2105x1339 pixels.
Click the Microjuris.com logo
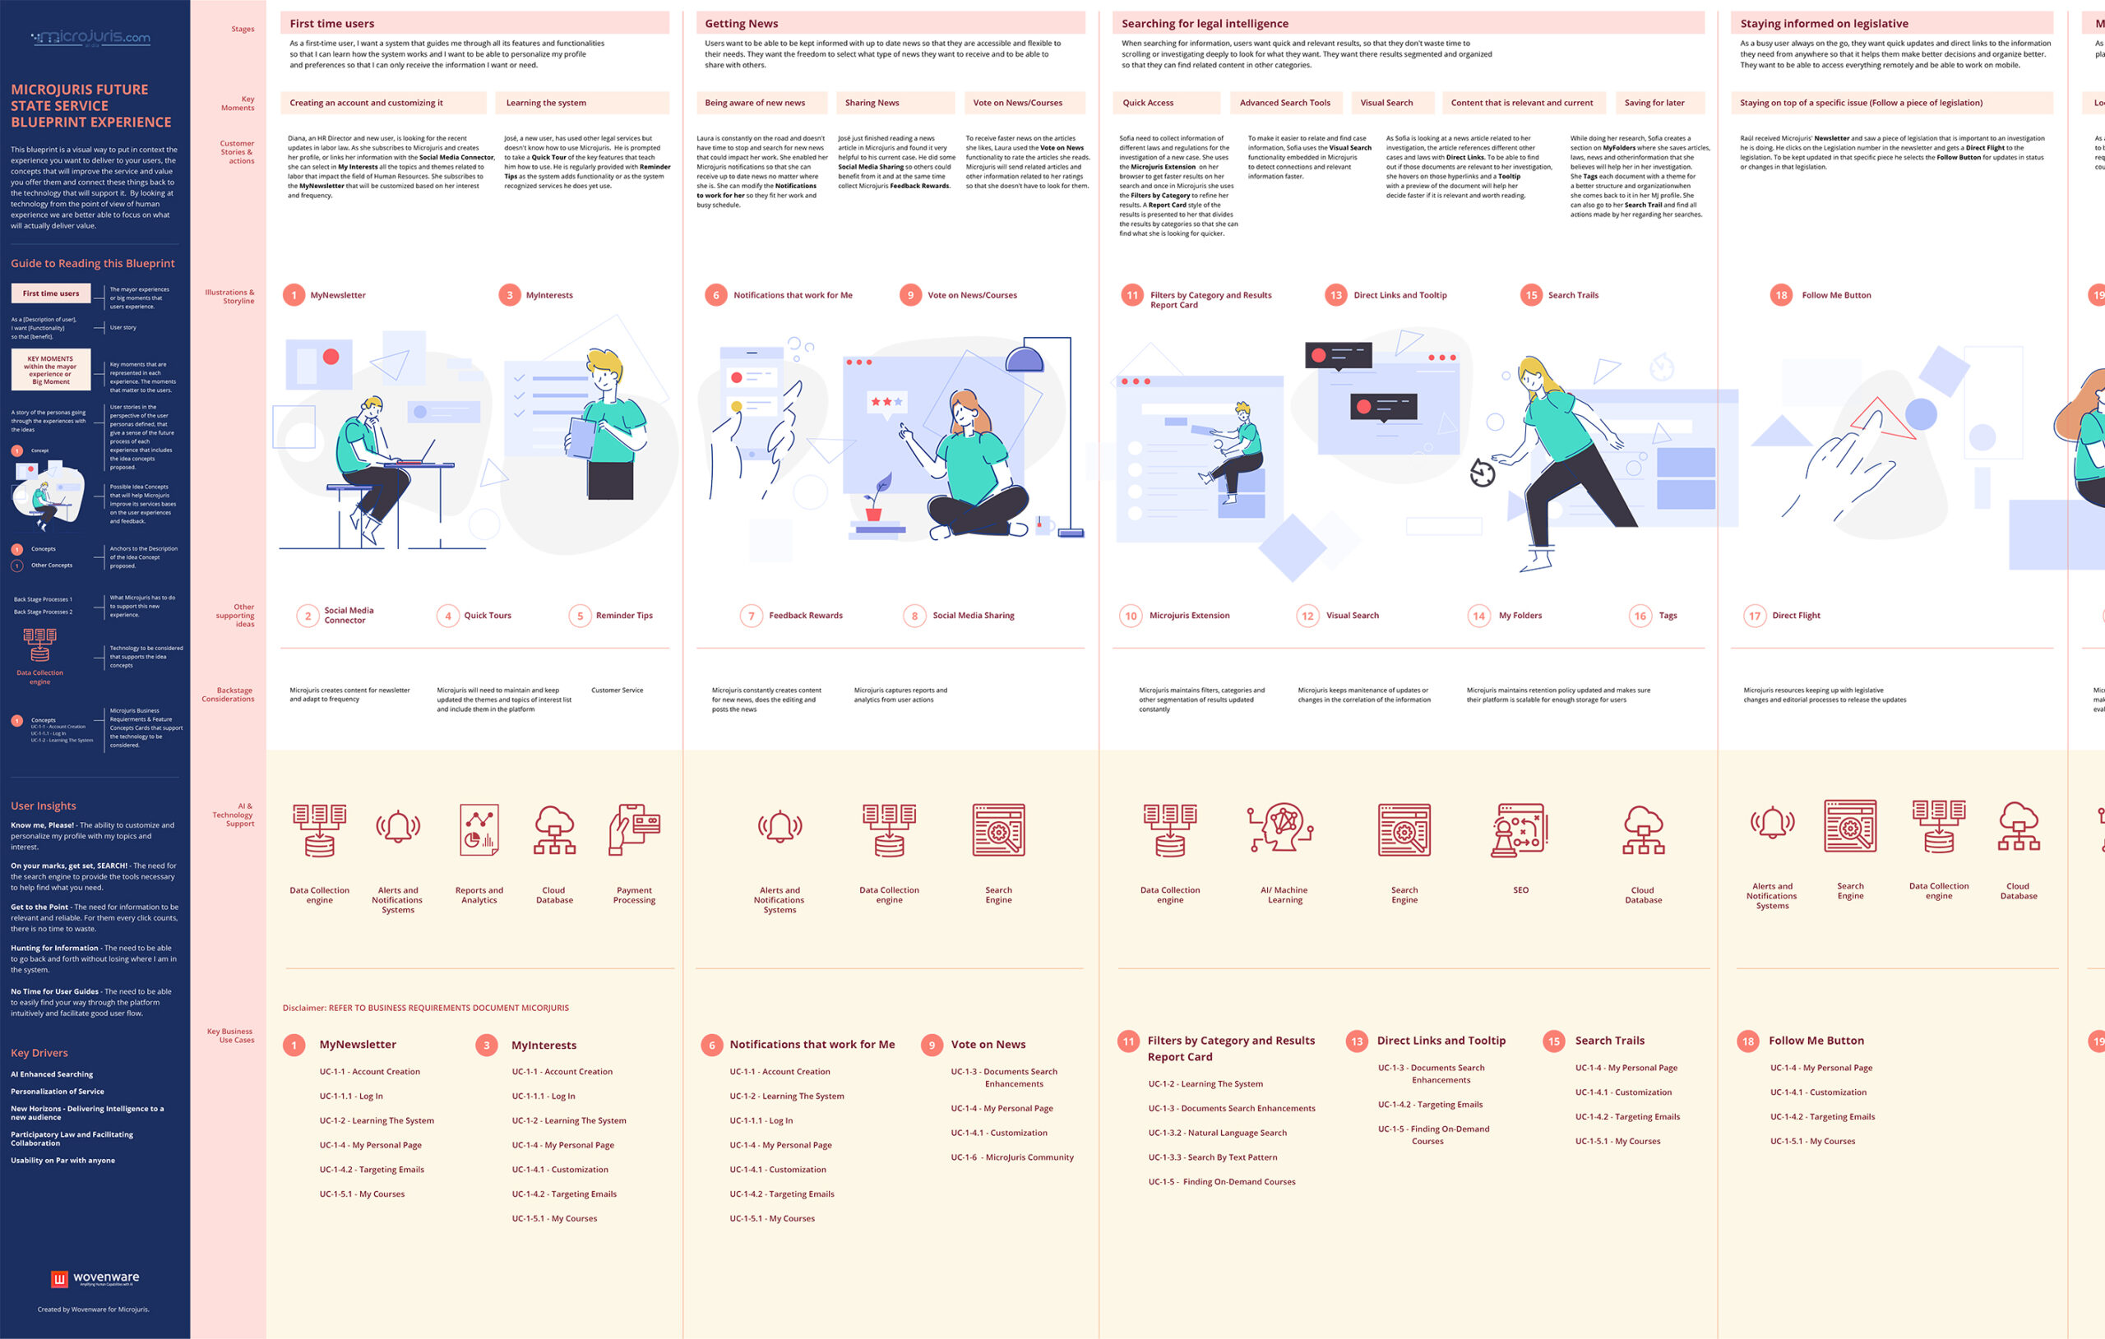[91, 38]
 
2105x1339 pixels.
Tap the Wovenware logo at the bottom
[95, 1279]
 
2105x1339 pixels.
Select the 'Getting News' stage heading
[742, 24]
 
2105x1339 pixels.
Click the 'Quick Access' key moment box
[1165, 103]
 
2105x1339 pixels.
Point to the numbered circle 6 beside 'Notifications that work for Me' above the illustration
[716, 295]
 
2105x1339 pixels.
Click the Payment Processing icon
[634, 830]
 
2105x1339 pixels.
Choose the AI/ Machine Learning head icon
[1282, 828]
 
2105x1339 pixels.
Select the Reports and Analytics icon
[479, 830]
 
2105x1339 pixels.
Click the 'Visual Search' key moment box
[1391, 103]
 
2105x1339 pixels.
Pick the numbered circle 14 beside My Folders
[1478, 616]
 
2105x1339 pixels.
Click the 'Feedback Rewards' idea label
[805, 616]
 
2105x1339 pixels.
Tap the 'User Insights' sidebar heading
[44, 806]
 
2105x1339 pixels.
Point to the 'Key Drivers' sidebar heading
[39, 1053]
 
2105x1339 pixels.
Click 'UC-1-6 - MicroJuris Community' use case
[1011, 1157]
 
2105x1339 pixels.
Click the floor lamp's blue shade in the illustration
[1024, 358]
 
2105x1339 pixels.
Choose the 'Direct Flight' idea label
[1796, 616]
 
